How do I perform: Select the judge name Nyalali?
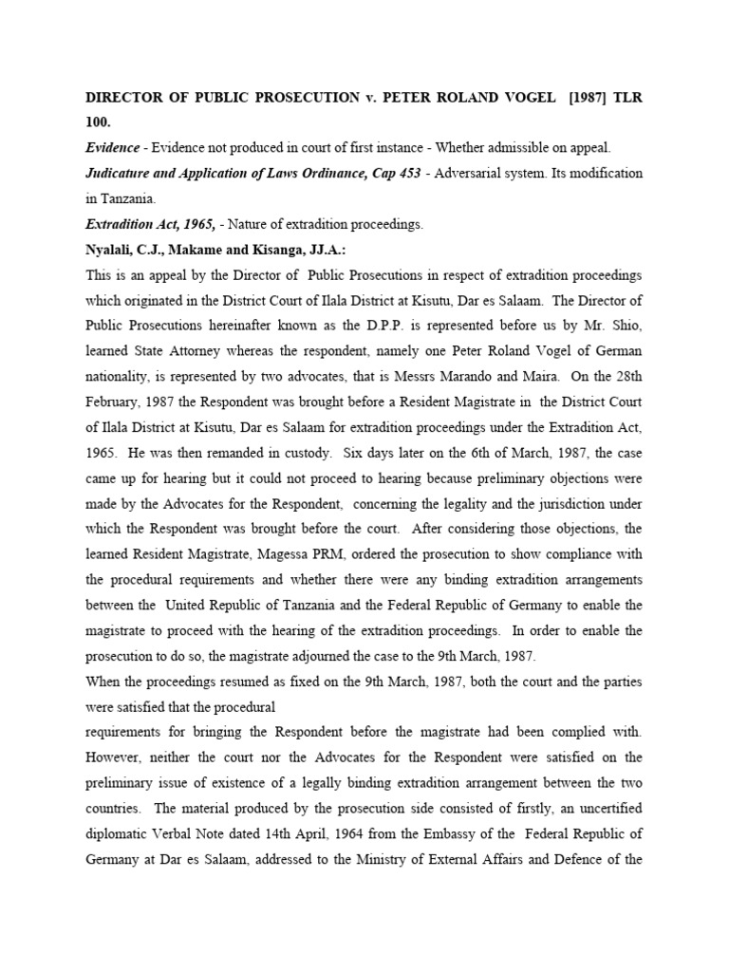pyautogui.click(x=112, y=250)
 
